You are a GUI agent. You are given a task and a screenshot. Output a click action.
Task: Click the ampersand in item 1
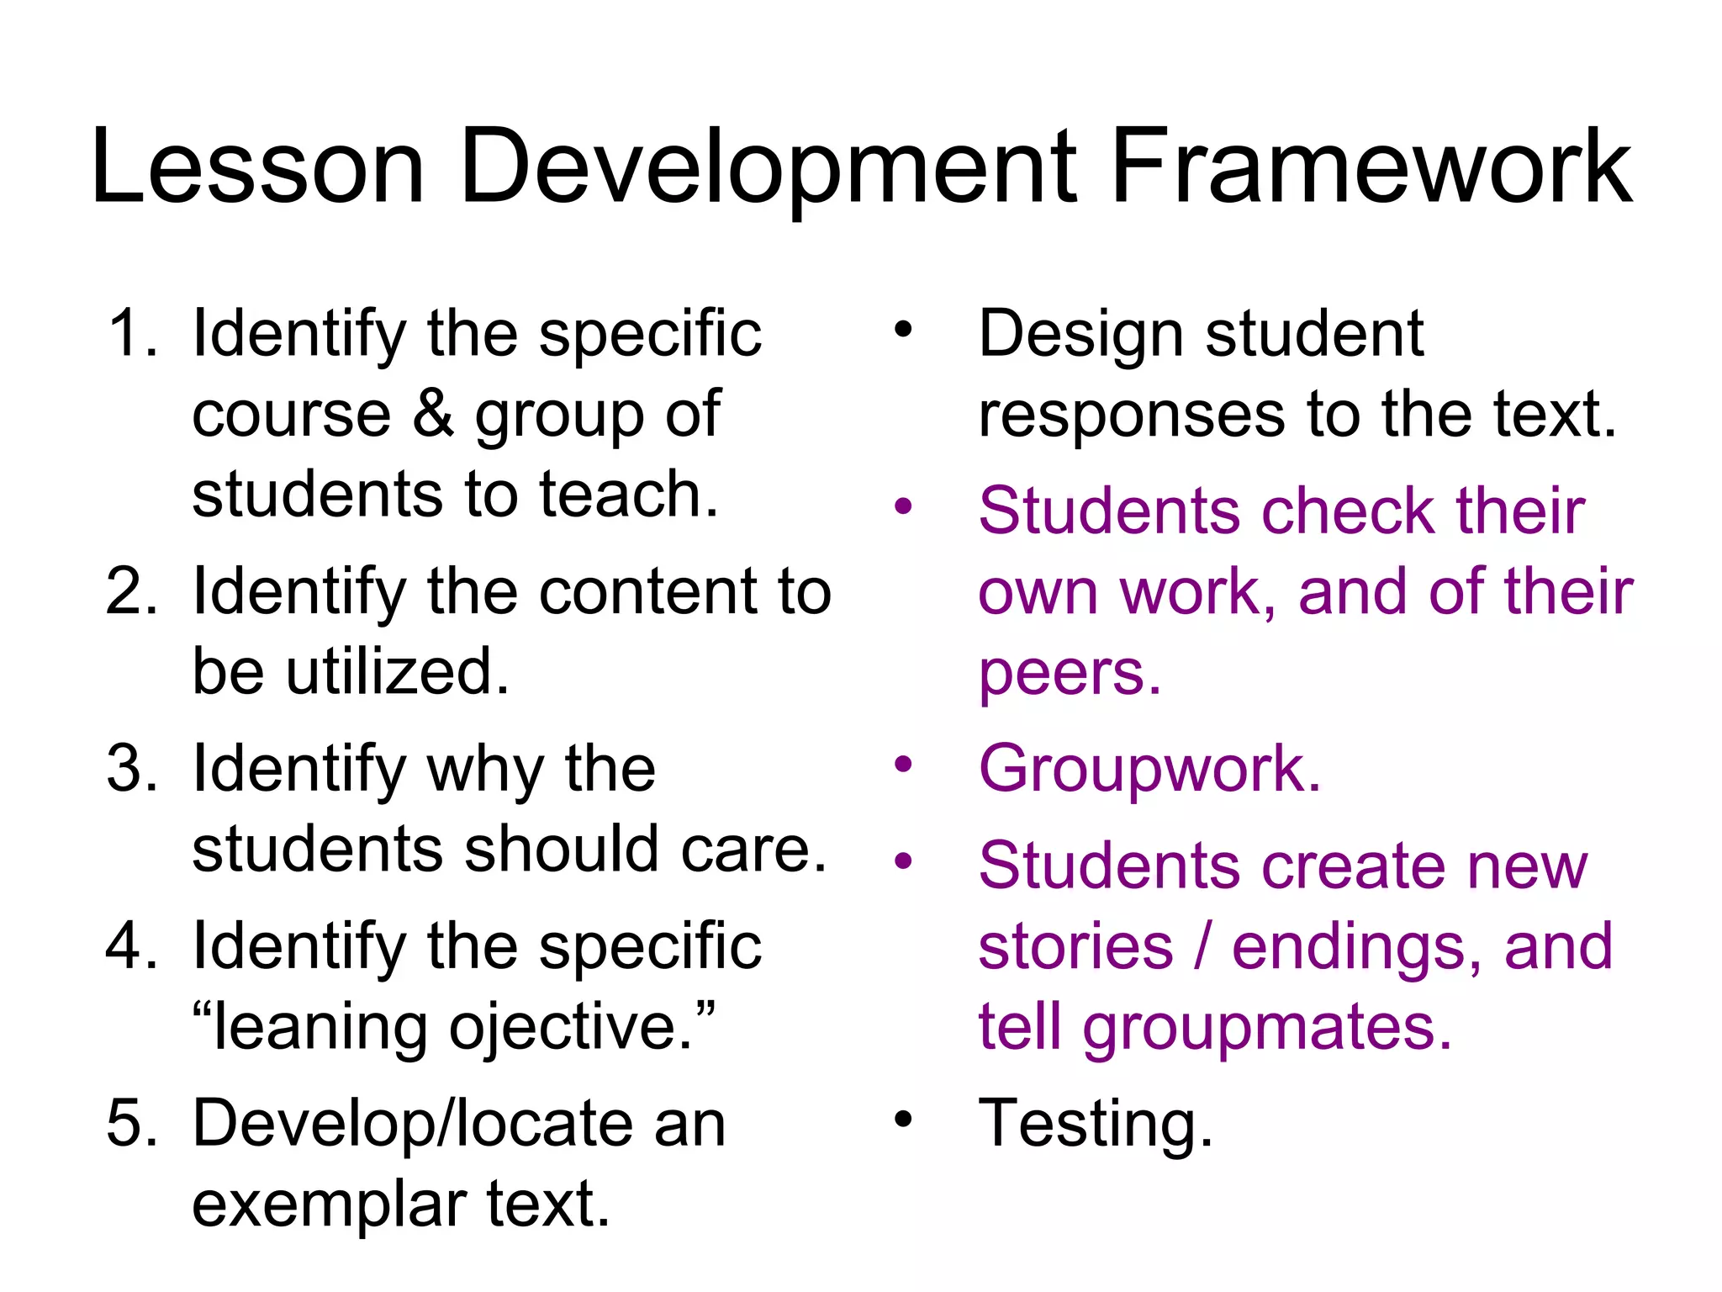pyautogui.click(x=433, y=413)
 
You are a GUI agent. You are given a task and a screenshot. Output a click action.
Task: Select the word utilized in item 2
pyautogui.click(x=396, y=671)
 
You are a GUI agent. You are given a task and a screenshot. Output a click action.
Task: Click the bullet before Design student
pyautogui.click(x=903, y=329)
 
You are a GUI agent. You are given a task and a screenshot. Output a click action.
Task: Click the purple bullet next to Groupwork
pyautogui.click(x=903, y=765)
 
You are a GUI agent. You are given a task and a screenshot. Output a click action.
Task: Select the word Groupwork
pyautogui.click(x=1149, y=769)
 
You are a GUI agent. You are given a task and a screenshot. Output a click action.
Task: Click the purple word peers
pyautogui.click(x=1069, y=673)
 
